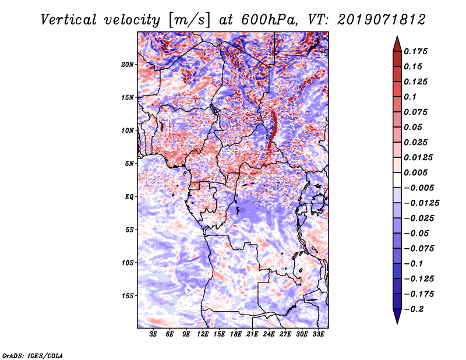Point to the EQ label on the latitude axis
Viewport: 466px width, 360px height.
129,197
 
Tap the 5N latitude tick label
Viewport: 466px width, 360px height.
129,164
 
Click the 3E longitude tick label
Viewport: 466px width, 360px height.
154,334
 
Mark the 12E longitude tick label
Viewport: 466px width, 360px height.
203,334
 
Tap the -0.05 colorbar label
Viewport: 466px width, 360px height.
417,233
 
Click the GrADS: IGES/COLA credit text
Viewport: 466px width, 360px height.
33,355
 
